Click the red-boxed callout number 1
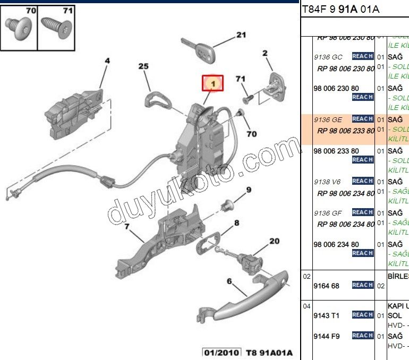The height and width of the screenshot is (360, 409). pos(212,83)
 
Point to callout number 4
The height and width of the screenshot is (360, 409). pos(107,61)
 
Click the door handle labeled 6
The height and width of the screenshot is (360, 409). pos(250,297)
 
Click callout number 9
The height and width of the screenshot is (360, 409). pos(248,190)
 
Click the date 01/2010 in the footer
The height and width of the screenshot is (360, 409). pos(221,353)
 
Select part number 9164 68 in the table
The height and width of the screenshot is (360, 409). pos(326,286)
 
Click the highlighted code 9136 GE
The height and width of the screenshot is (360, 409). pos(328,119)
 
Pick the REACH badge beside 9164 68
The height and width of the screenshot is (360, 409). pos(362,285)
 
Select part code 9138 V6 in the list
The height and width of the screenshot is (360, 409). pos(328,182)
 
